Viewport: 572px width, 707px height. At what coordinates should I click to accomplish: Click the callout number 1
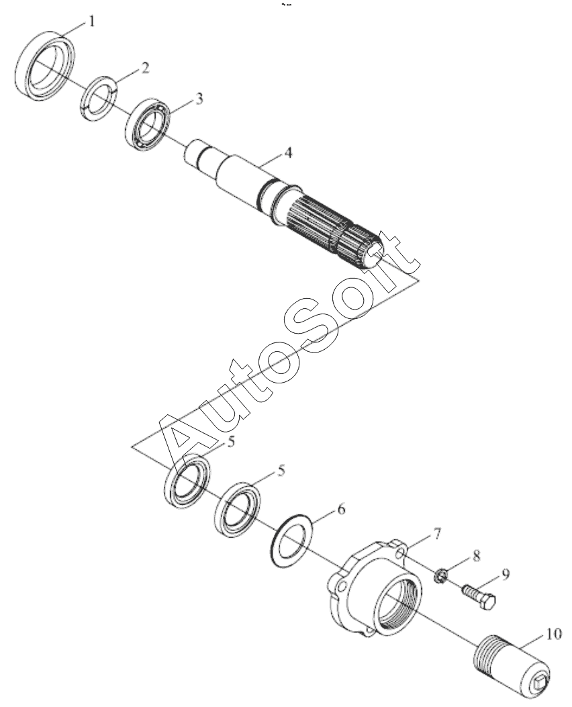tap(91, 21)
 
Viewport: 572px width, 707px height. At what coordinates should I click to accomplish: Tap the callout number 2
tap(144, 68)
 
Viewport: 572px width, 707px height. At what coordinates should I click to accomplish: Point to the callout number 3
tap(199, 99)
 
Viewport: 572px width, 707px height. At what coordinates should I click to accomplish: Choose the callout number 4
tap(287, 152)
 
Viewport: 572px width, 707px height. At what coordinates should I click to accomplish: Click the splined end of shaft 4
tap(336, 234)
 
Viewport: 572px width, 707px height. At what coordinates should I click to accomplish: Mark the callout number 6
tap(341, 510)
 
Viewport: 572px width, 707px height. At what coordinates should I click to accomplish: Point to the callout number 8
tap(476, 555)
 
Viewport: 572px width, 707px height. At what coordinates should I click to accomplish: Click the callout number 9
tap(506, 575)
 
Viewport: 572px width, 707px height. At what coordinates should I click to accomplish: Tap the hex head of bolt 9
tap(487, 602)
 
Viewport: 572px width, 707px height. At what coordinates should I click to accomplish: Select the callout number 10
tap(553, 634)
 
